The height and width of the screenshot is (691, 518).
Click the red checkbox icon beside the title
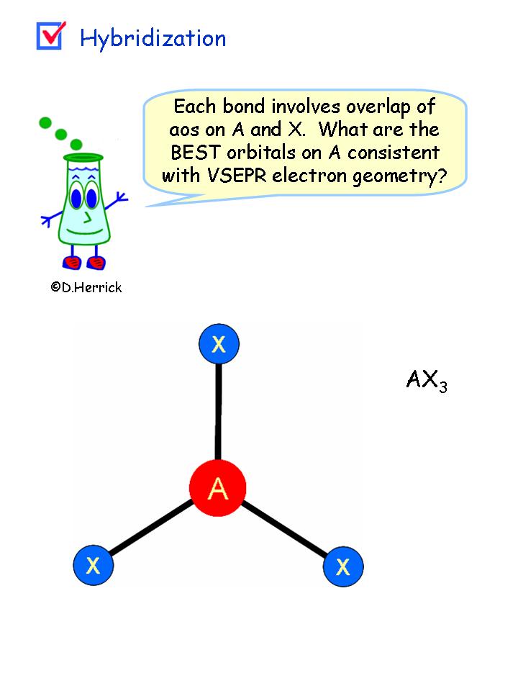point(50,35)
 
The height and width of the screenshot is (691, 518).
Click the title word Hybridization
point(153,38)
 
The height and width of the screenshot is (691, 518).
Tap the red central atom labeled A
point(218,489)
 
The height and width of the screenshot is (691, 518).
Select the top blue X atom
point(219,344)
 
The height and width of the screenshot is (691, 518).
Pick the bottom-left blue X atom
point(94,565)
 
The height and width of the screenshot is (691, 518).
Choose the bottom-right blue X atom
point(343,566)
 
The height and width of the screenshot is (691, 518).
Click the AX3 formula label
point(427,380)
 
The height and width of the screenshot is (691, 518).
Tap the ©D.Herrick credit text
point(86,287)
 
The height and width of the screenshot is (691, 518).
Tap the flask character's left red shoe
point(73,261)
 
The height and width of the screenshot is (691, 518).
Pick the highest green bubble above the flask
point(46,122)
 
